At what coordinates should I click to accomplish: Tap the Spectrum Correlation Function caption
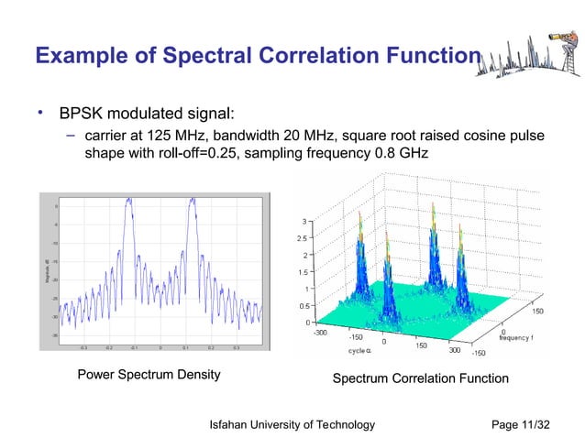click(420, 378)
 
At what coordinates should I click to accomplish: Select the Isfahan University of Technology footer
click(292, 424)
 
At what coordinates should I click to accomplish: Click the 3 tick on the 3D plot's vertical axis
click(306, 222)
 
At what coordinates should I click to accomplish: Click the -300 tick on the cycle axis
click(319, 333)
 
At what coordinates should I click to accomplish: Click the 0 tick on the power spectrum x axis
click(160, 348)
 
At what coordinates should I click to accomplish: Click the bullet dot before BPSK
click(40, 114)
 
